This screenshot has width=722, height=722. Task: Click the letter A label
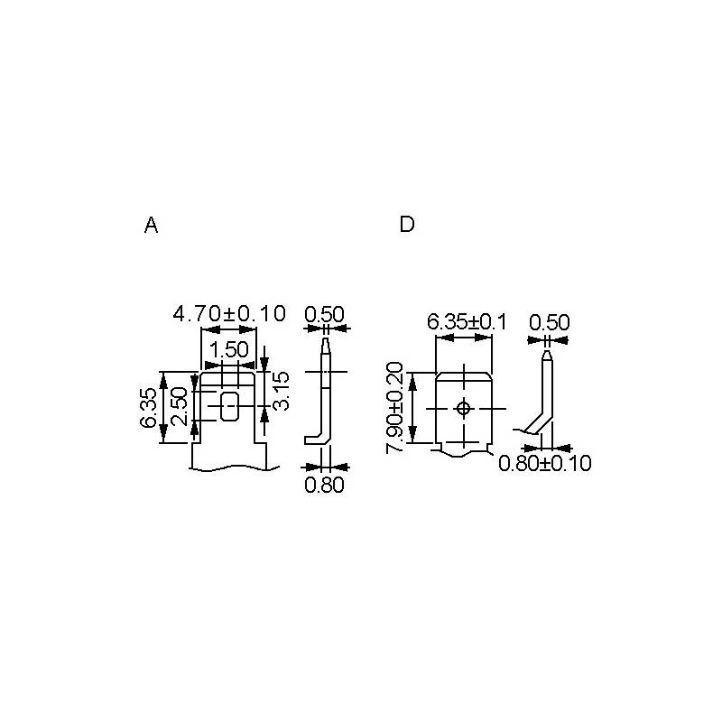click(x=151, y=225)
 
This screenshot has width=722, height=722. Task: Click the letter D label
click(x=407, y=224)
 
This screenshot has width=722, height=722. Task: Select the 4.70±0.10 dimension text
click(x=229, y=313)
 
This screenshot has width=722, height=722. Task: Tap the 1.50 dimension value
click(x=229, y=350)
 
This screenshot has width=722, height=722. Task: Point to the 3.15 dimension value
click(x=281, y=391)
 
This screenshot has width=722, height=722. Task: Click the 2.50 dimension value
click(x=179, y=406)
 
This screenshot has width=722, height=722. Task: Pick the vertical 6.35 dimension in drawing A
click(x=148, y=408)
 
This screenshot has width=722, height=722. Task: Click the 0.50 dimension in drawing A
click(x=325, y=314)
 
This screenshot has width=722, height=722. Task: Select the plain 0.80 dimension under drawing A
click(x=325, y=485)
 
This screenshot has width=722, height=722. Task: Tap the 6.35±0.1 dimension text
click(x=467, y=322)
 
